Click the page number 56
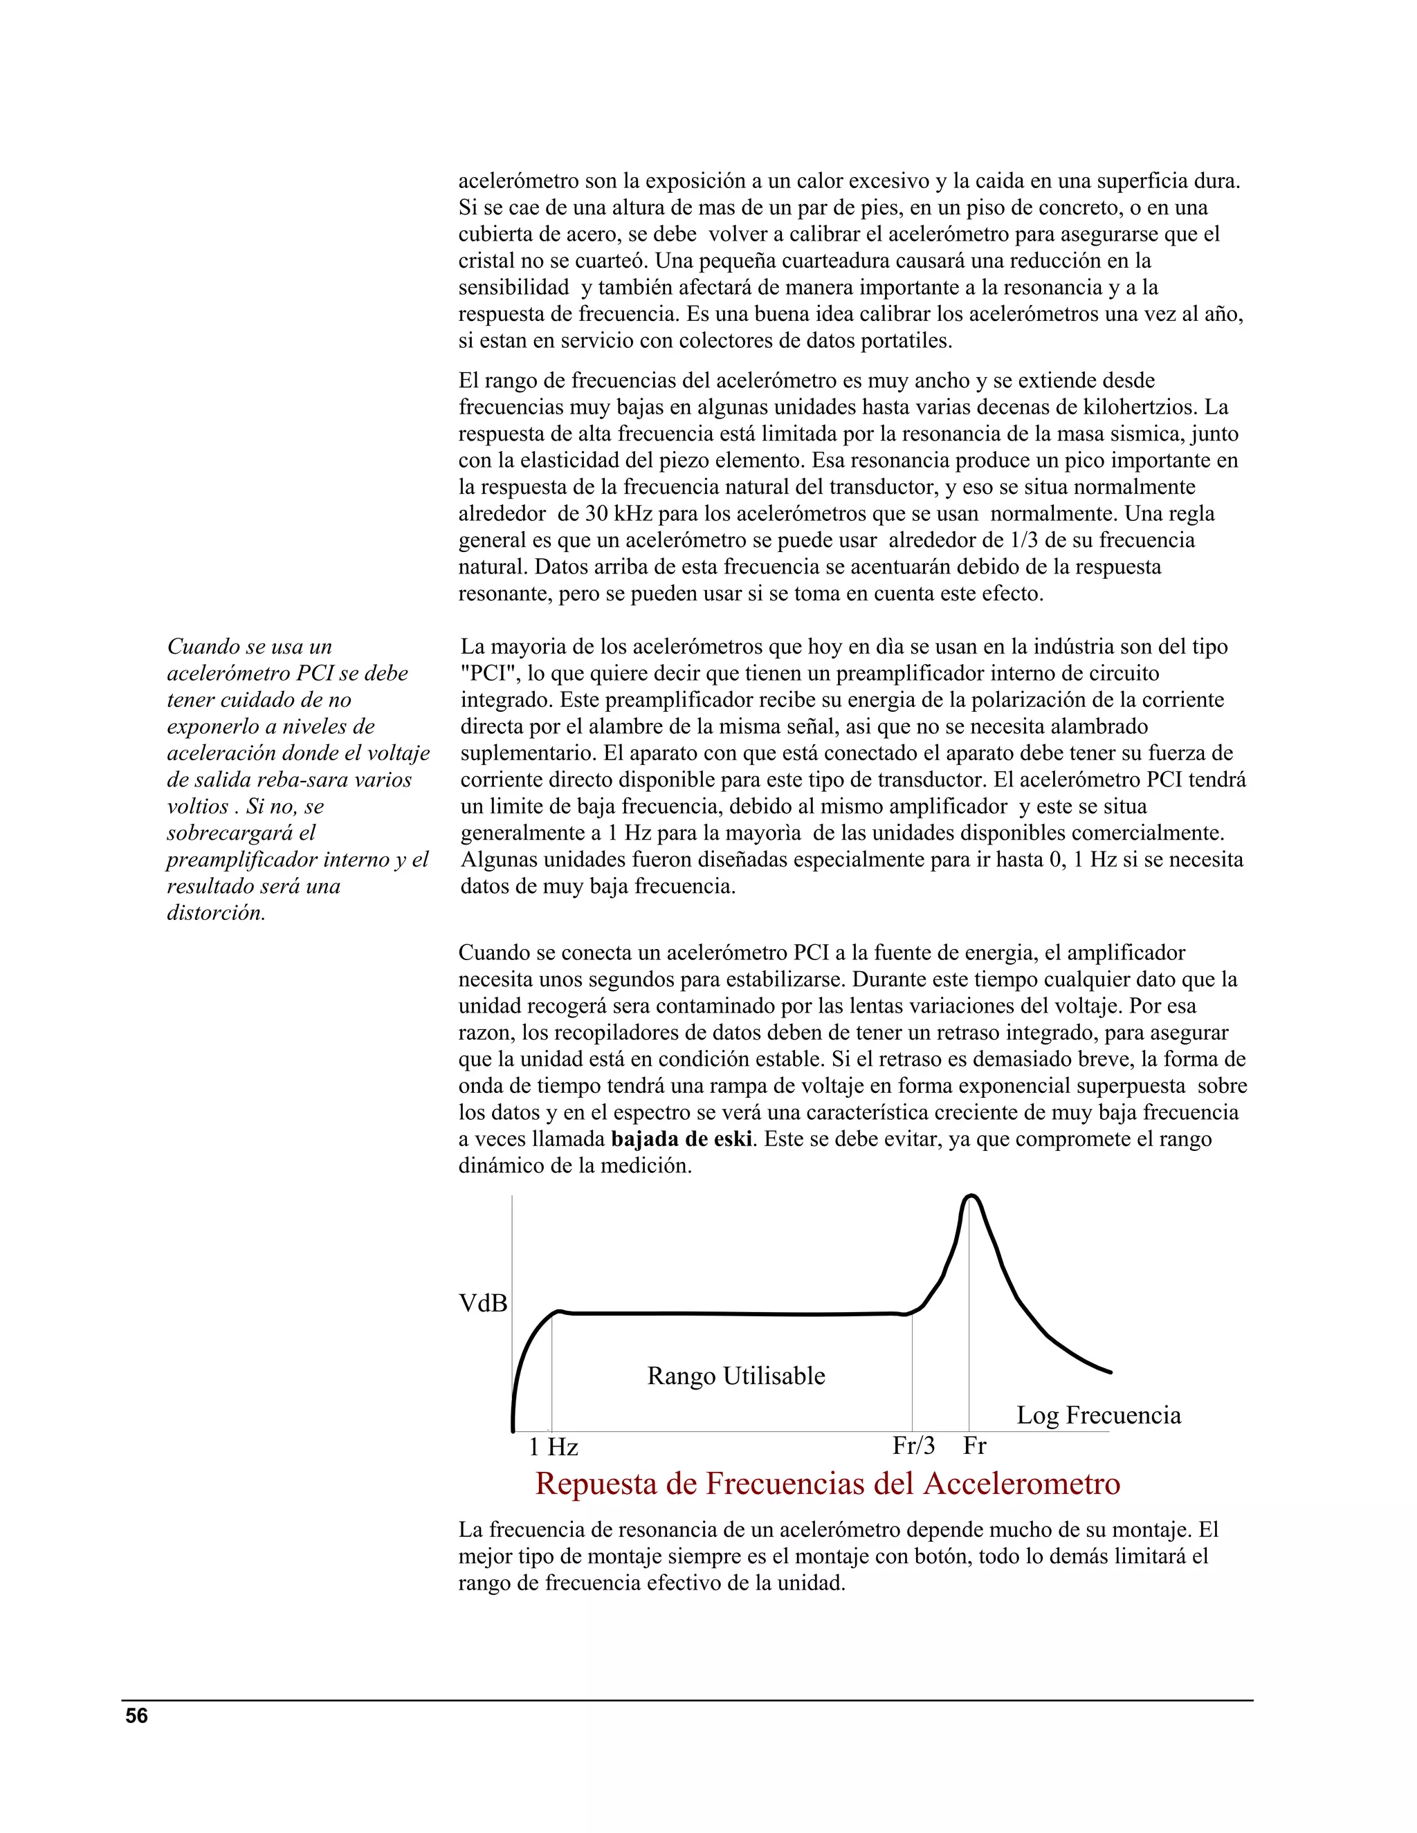136,1716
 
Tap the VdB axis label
483,1303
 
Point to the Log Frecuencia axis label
1098,1415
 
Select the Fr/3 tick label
913,1445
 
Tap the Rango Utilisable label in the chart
735,1376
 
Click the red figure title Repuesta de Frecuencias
827,1484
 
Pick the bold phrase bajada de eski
681,1140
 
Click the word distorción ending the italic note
216,913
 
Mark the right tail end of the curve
1110,1372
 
